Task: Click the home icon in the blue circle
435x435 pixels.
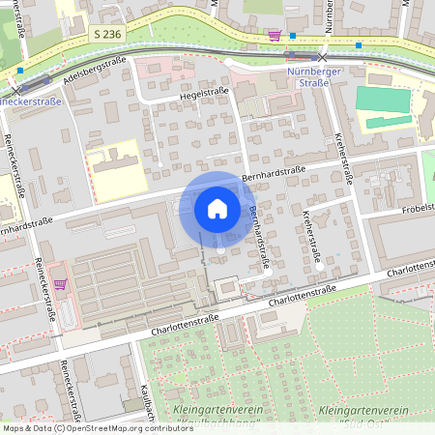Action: point(217,208)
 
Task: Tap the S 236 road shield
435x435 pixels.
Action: point(108,34)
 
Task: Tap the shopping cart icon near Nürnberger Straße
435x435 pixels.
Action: point(275,36)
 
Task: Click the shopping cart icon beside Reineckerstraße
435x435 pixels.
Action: point(61,284)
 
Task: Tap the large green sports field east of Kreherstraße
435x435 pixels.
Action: point(383,99)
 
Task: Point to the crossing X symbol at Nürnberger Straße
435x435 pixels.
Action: point(323,58)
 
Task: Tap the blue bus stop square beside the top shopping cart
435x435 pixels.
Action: point(292,35)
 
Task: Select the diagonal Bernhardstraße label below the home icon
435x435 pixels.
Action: point(258,238)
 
